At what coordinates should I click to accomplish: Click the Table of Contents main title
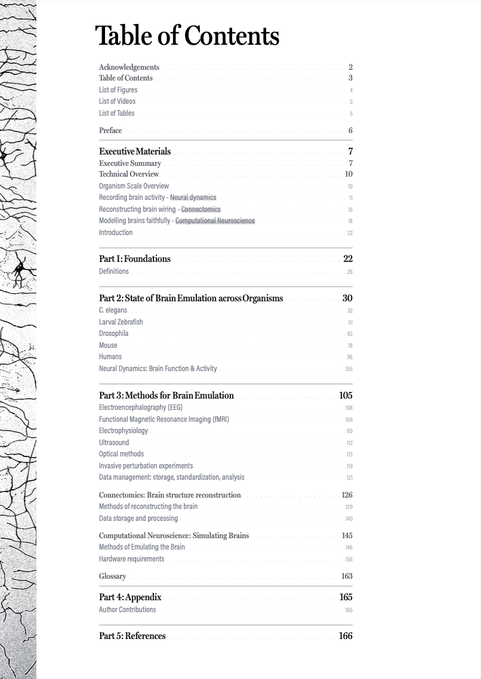tap(187, 36)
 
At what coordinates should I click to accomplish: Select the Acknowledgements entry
tap(129, 67)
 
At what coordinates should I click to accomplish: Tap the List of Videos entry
tap(117, 101)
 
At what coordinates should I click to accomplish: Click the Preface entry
tap(110, 131)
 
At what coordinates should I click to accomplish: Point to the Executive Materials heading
tap(135, 152)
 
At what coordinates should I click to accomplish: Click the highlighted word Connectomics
tap(201, 209)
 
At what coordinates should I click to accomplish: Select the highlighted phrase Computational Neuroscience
tap(215, 221)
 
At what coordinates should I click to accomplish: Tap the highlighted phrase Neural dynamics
tap(193, 197)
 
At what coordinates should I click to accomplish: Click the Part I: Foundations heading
tap(135, 259)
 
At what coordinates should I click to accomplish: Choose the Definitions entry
tap(113, 271)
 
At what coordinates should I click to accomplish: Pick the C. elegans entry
tap(113, 310)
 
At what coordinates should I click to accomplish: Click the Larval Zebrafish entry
tap(121, 322)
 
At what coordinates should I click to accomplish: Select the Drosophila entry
tap(113, 334)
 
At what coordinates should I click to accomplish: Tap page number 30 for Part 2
tap(347, 298)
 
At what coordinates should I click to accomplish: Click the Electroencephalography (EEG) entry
tap(141, 408)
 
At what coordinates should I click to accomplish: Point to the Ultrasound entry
tap(114, 443)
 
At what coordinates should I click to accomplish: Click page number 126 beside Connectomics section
tap(347, 495)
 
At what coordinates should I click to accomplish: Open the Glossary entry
tap(112, 576)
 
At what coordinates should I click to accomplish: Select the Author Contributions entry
tap(127, 610)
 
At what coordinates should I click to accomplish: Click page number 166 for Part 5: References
tap(346, 636)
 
